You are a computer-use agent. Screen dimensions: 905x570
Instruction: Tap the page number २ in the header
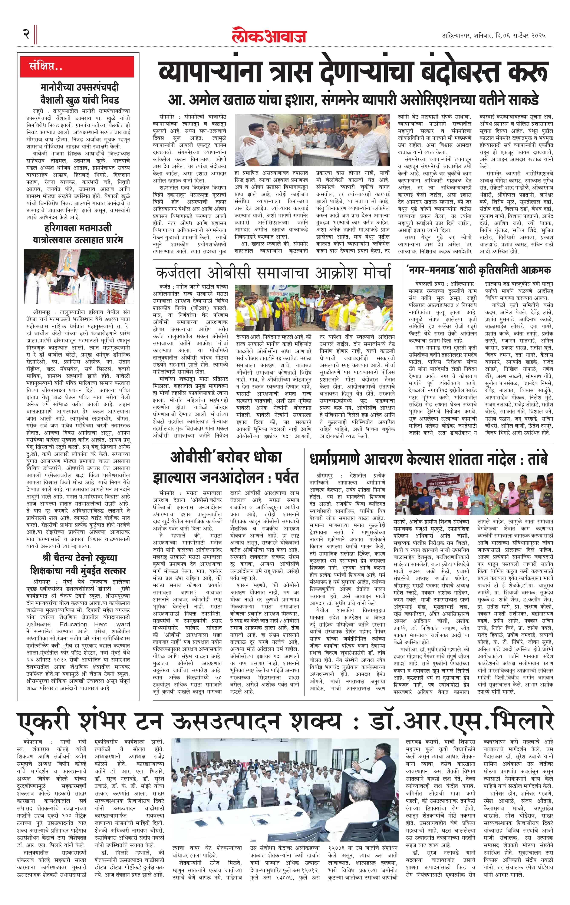(26, 34)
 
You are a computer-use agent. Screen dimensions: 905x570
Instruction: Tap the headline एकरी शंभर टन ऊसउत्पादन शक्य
(285, 721)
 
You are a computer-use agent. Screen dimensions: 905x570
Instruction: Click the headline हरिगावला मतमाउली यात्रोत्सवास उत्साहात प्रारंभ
(78, 234)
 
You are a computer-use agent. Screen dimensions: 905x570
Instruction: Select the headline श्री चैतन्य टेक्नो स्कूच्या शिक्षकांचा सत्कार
(78, 564)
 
